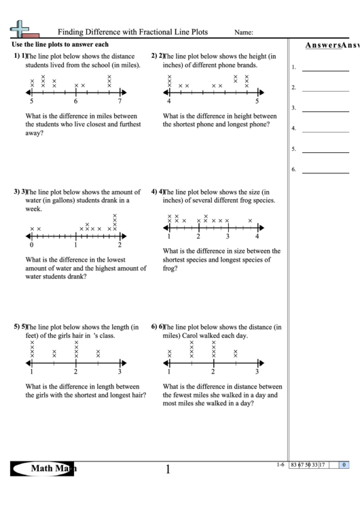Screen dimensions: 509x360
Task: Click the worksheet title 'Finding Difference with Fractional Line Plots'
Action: [132, 32]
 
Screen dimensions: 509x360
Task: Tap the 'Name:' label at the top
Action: [244, 33]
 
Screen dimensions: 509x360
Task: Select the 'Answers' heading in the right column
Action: [322, 46]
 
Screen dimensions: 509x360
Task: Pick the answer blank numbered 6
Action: [325, 169]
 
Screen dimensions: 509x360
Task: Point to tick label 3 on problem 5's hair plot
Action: [120, 372]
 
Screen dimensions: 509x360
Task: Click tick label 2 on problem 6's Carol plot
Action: [213, 372]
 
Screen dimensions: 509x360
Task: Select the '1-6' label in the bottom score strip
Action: [281, 465]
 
